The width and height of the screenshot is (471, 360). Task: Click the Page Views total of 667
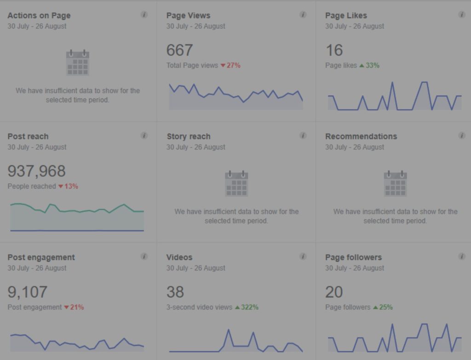[179, 50]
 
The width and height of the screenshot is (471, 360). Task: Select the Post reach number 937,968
[36, 171]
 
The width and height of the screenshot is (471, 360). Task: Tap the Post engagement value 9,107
[27, 292]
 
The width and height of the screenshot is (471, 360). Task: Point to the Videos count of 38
[175, 292]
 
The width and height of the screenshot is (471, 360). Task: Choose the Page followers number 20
[334, 292]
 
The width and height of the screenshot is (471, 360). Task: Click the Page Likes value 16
[334, 50]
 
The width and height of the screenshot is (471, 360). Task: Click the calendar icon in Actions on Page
[77, 63]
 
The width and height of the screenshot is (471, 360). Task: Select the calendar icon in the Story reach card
[236, 184]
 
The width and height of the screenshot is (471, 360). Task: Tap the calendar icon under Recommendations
[395, 184]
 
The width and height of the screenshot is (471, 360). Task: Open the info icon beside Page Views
[303, 15]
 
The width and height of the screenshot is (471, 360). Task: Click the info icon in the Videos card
[303, 256]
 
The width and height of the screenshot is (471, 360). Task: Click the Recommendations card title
[361, 136]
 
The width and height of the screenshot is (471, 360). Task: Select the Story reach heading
[188, 136]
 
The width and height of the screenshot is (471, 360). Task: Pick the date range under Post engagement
[37, 268]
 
